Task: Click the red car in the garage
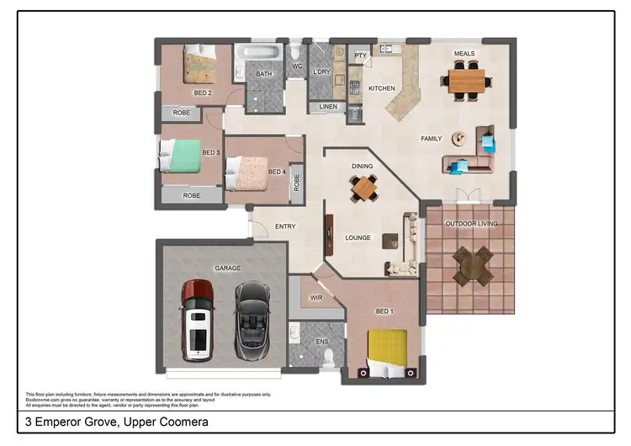click(199, 319)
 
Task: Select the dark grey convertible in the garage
click(251, 319)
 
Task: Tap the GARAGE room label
click(227, 268)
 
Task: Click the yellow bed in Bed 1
click(387, 348)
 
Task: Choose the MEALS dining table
click(467, 81)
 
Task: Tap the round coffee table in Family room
click(459, 137)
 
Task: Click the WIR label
click(317, 298)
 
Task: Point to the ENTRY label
click(285, 226)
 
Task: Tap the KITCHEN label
click(382, 88)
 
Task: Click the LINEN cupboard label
click(327, 107)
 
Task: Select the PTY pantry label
click(360, 56)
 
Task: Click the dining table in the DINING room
click(364, 188)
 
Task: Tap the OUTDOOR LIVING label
click(471, 224)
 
